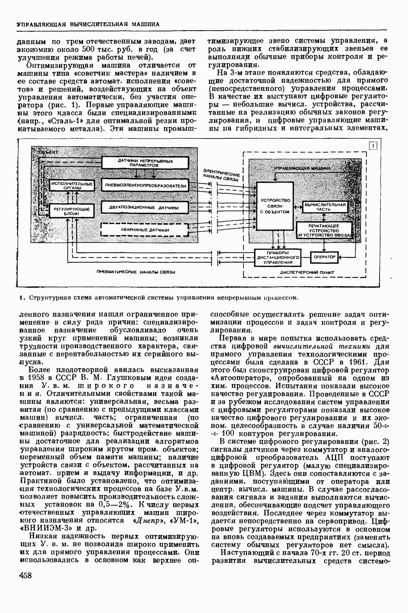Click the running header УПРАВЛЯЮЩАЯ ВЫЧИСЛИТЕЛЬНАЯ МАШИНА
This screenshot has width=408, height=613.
88,24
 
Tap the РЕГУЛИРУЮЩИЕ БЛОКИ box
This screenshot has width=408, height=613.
71,211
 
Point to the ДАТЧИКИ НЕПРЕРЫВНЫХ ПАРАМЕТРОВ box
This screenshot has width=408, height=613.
146,163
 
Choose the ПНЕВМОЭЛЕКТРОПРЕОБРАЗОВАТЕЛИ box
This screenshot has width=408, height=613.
146,186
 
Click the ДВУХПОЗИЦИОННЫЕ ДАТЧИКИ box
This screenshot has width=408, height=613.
146,208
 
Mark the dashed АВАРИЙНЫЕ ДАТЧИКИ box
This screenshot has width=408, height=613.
146,229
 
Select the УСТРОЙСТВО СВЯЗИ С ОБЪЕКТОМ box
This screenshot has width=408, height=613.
275,206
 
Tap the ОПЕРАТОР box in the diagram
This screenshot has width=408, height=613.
324,257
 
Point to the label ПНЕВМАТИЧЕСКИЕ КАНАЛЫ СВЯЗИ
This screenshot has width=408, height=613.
136,272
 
